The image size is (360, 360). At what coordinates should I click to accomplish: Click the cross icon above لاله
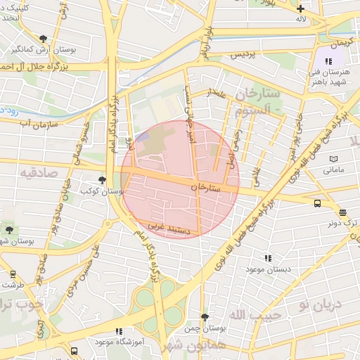(x=301, y=8)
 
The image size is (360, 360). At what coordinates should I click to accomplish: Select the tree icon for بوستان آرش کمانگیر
(x=44, y=39)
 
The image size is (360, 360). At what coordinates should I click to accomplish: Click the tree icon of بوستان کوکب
(x=103, y=180)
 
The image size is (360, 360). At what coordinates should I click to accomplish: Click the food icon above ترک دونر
(x=342, y=212)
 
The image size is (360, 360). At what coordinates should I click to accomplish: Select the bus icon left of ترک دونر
(x=317, y=204)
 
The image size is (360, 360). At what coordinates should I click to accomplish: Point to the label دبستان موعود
(x=267, y=269)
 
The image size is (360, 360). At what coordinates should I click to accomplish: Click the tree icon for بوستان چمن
(x=205, y=318)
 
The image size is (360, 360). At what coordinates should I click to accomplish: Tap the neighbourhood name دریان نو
(x=319, y=304)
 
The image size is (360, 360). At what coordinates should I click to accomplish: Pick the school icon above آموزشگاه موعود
(x=119, y=330)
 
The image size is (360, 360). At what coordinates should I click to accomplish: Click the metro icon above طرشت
(x=12, y=275)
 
